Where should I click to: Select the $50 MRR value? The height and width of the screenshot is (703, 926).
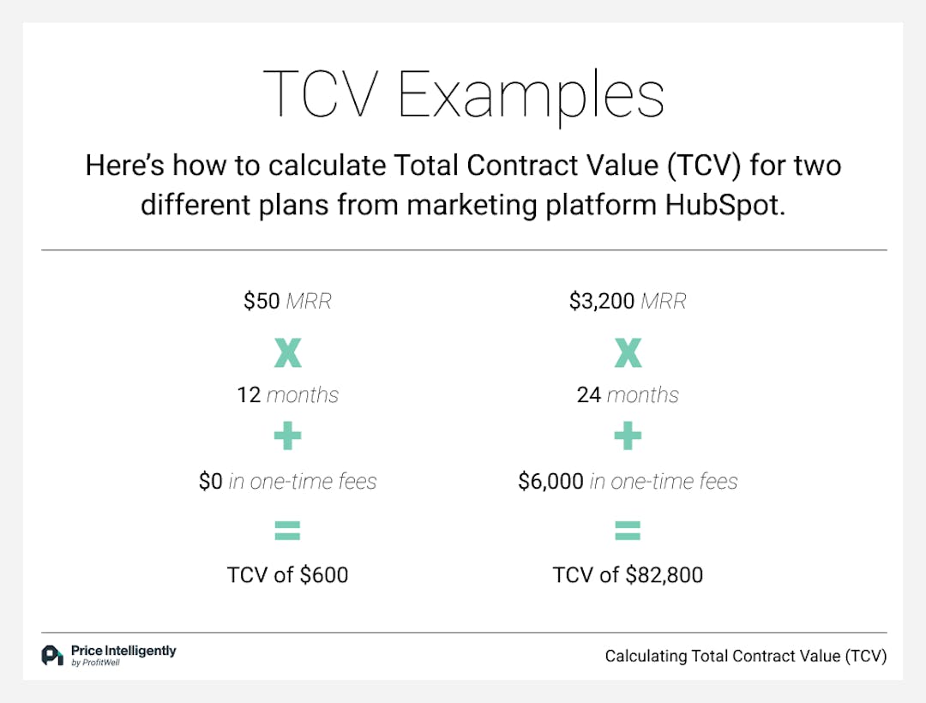click(x=262, y=302)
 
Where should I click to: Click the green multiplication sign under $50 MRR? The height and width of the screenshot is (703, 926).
click(x=287, y=351)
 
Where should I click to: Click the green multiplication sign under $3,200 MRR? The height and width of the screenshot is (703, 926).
click(x=628, y=351)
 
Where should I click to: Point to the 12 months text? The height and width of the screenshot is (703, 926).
click(x=287, y=395)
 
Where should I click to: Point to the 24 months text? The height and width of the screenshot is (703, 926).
click(x=628, y=395)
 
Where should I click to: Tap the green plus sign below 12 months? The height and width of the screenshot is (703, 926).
click(x=287, y=438)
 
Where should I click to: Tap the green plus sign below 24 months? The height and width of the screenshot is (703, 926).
click(x=628, y=438)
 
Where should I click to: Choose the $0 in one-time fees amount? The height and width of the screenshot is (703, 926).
click(x=211, y=482)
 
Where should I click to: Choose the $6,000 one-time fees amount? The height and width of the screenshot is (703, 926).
click(x=550, y=482)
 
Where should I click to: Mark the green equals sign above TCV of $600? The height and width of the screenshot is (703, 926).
click(x=287, y=532)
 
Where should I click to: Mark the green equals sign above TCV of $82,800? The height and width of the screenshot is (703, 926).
click(x=628, y=532)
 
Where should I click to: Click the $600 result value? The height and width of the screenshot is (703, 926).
click(x=324, y=574)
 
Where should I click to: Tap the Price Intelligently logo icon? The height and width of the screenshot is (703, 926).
click(x=52, y=656)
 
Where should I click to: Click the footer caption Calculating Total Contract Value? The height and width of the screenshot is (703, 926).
click(x=745, y=656)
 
